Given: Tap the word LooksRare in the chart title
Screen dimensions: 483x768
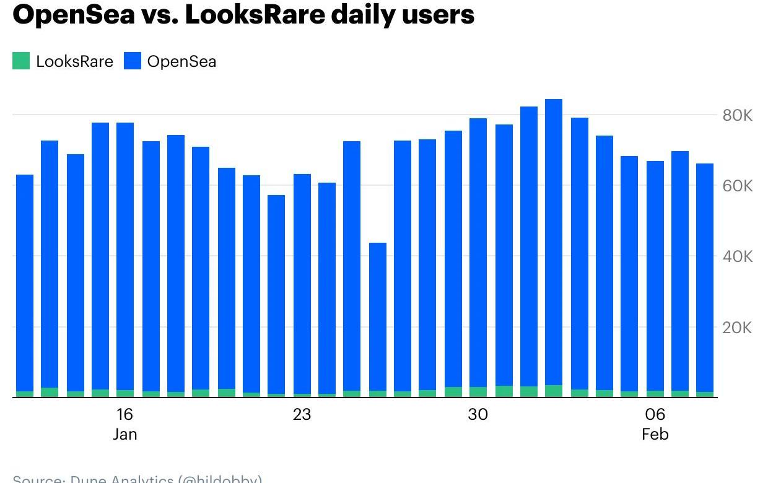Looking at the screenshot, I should tap(254, 14).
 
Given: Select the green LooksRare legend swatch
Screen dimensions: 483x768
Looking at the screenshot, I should tap(21, 61).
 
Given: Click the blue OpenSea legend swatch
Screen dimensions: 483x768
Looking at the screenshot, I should tap(133, 61).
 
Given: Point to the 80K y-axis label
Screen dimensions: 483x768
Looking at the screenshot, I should tap(737, 115).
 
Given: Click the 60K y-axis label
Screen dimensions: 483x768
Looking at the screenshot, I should tap(737, 186).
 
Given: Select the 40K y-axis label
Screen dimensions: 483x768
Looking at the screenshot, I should tap(737, 256).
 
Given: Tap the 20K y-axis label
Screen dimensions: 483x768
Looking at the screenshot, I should tap(737, 328).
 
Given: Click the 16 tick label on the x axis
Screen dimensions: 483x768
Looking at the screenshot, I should tap(124, 414).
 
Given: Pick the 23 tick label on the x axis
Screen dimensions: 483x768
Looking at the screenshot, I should tap(302, 414).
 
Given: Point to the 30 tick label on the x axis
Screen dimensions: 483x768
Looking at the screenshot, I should tap(478, 414).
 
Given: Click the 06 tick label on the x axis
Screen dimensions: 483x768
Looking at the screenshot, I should tap(655, 414).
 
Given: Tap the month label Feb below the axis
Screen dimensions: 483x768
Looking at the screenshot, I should tap(655, 435).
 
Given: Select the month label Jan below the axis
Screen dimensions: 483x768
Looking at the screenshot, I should tap(124, 435).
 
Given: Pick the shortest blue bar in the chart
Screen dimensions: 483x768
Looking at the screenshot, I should tap(378, 316).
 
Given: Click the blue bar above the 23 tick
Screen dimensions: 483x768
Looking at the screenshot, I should tap(302, 285).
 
